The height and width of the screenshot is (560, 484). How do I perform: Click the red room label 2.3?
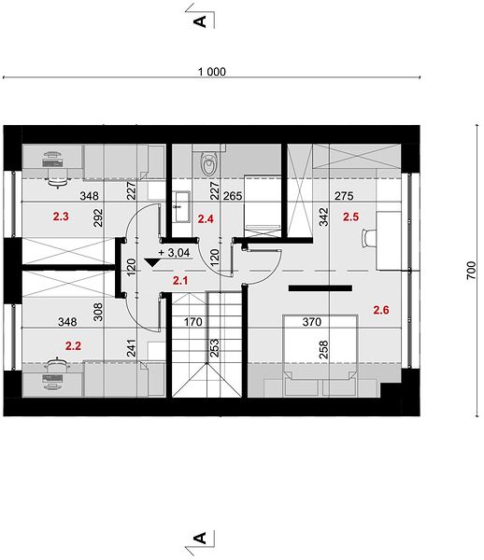[x=61, y=217]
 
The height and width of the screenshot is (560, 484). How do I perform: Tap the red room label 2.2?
[x=73, y=345]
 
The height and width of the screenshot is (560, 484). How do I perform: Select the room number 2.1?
[x=180, y=281]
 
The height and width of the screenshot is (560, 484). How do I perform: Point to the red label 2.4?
[x=206, y=218]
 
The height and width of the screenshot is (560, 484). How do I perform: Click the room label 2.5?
[x=350, y=217]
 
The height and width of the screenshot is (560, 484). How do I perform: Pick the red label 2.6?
[x=381, y=310]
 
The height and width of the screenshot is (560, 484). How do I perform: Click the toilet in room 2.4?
[x=208, y=164]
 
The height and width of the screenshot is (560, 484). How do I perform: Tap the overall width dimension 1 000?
[x=212, y=72]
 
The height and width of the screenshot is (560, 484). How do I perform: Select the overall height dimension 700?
[x=472, y=271]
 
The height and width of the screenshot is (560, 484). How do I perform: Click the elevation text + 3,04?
[x=174, y=253]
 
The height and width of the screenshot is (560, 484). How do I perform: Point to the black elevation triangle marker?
[x=153, y=262]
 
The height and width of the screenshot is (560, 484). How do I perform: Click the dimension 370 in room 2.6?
[x=312, y=322]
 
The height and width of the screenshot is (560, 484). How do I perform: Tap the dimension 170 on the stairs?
[x=193, y=322]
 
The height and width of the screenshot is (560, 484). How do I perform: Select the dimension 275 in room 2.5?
[x=344, y=196]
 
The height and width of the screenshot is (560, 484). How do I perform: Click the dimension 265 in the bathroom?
[x=233, y=196]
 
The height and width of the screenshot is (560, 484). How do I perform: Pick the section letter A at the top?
[x=200, y=21]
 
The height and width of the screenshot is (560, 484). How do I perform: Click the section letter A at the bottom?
[x=200, y=538]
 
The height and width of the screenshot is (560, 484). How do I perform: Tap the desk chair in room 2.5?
[x=369, y=237]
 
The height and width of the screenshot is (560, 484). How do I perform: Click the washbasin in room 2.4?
[x=181, y=207]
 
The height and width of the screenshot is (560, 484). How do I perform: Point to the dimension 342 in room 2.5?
[x=323, y=217]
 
